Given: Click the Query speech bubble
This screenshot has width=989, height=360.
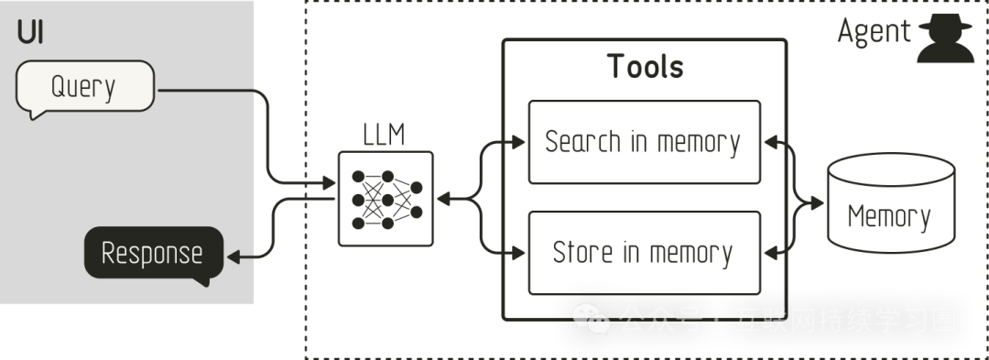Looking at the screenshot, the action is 84,87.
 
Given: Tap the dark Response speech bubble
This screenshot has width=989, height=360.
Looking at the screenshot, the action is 153,252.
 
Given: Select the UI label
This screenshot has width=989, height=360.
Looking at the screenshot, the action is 30,34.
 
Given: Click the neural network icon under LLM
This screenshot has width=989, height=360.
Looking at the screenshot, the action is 386,199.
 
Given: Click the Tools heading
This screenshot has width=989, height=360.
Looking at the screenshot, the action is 646,66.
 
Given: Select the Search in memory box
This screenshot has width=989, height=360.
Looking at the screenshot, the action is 645,142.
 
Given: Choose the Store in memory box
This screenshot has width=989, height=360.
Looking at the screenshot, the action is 645,252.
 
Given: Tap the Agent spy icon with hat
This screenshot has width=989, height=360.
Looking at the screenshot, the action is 945,38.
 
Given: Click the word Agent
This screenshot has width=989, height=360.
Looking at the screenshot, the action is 875,32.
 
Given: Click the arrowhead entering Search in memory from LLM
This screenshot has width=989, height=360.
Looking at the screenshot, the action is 520,142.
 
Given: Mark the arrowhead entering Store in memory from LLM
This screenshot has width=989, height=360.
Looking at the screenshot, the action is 520,252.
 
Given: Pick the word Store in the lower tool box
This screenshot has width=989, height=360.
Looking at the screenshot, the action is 581,252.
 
